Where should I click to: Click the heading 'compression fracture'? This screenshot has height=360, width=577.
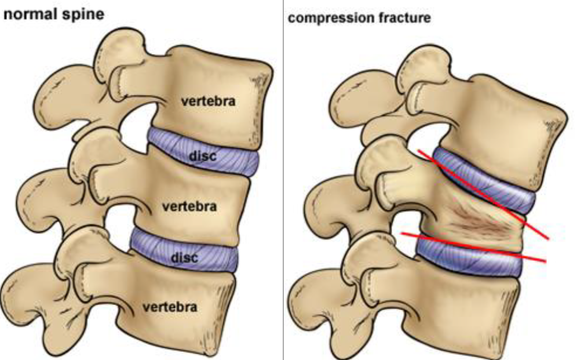click(359, 18)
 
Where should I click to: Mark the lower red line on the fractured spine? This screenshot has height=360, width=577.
click(475, 247)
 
